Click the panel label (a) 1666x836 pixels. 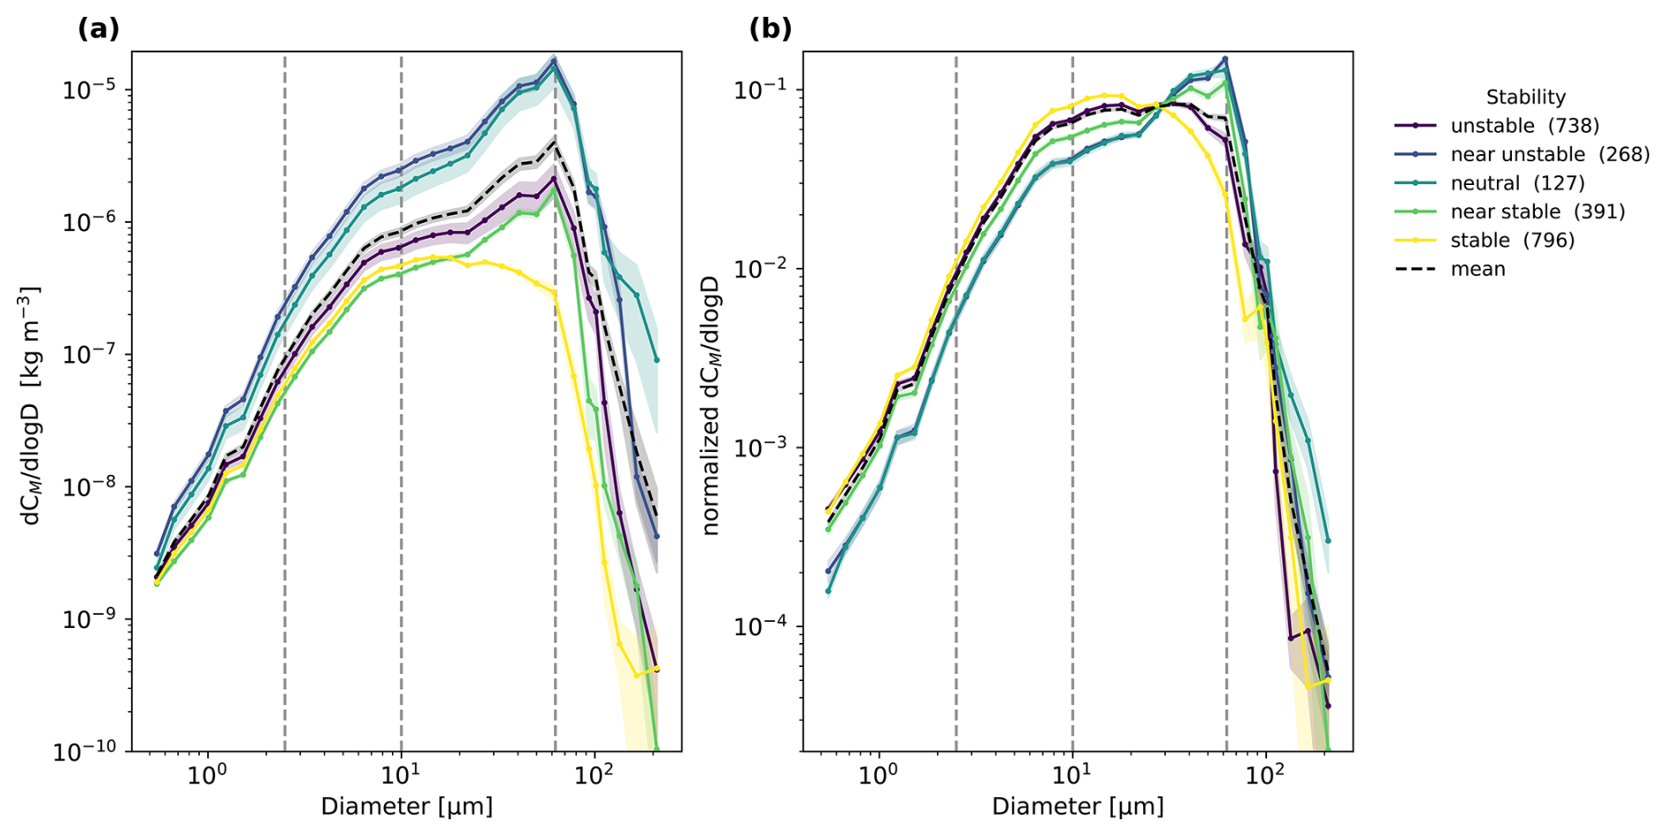click(x=99, y=29)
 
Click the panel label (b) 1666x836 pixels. click(x=770, y=29)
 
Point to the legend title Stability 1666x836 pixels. click(x=1526, y=97)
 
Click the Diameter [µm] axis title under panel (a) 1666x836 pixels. click(x=407, y=806)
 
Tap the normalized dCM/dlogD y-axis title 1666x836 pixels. click(x=711, y=405)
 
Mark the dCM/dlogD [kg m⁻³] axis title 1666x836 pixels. click(x=32, y=405)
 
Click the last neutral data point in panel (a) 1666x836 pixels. click(x=657, y=360)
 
